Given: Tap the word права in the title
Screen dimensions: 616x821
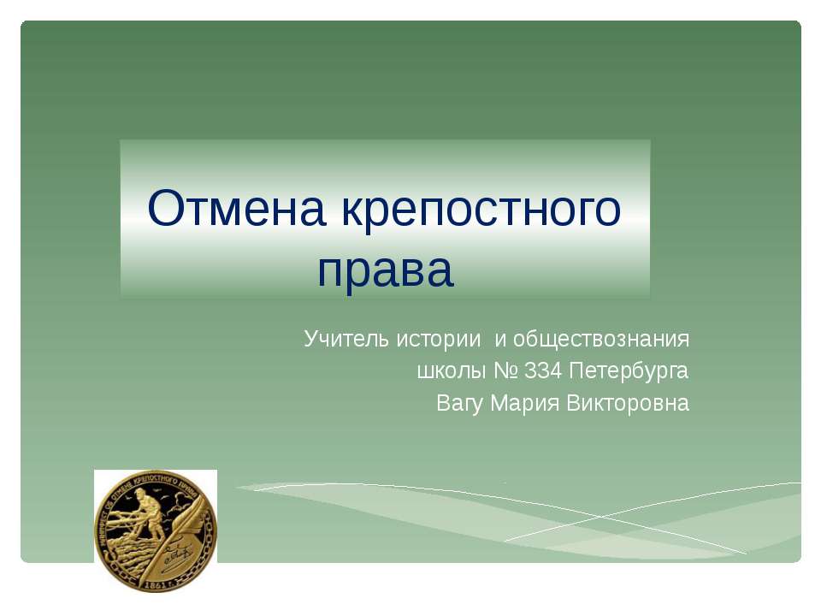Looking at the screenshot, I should (x=385, y=270).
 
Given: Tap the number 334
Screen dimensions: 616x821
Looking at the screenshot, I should (x=543, y=371).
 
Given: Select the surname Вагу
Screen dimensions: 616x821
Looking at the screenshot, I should (x=461, y=403).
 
